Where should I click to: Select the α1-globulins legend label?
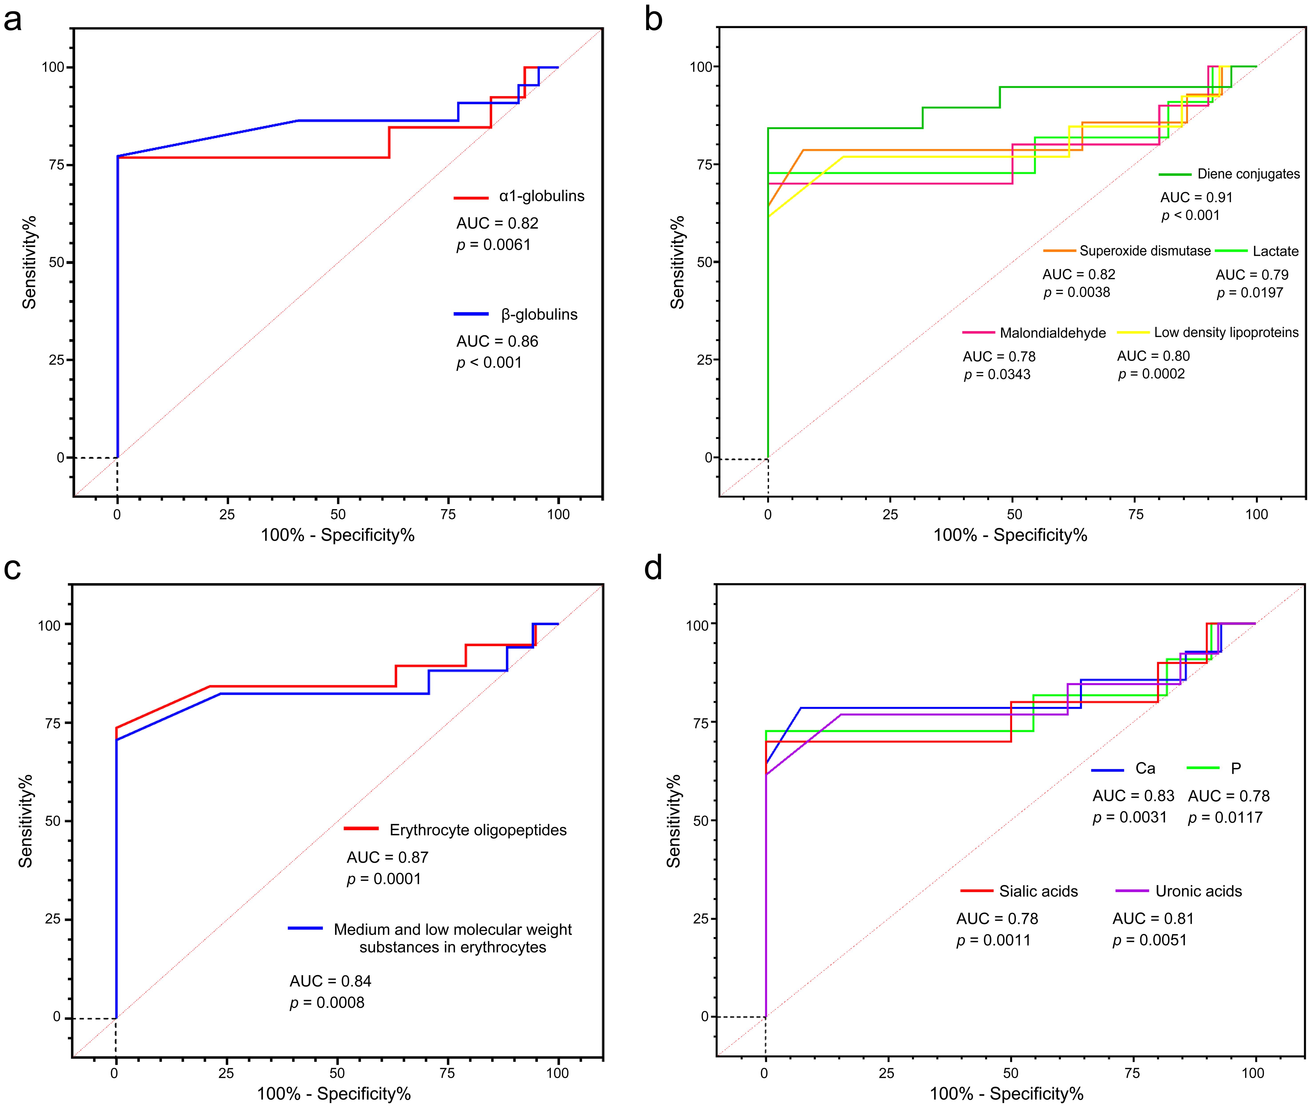[541, 196]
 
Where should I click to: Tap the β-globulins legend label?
[539, 314]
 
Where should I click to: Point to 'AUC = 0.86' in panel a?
[497, 341]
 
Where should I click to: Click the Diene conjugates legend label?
[1248, 174]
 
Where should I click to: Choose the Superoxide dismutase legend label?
[1144, 251]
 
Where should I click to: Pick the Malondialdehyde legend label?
[1053, 333]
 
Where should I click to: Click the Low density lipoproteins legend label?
[1226, 332]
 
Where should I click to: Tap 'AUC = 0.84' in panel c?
[330, 980]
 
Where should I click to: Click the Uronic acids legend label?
[1198, 891]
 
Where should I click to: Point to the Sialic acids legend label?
[1038, 891]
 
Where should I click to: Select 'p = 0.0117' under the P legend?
[1225, 817]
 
